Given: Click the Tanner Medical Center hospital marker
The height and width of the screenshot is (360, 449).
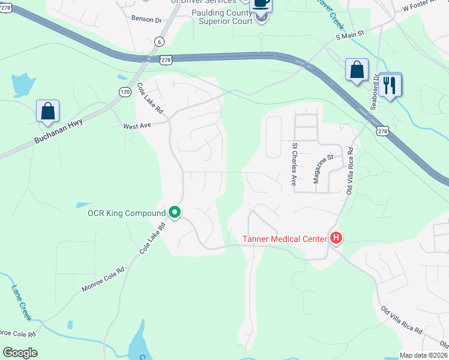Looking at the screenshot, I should coord(336,239).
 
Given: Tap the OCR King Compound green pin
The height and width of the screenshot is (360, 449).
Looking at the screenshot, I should coord(175,212).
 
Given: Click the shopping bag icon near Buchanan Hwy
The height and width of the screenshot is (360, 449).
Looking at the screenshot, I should coord(47,112).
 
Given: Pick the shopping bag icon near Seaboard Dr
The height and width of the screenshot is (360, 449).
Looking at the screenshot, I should coord(357,70).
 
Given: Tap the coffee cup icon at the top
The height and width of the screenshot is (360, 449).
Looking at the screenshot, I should coord(261,3).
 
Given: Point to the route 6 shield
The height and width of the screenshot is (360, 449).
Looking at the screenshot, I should coord(159,41).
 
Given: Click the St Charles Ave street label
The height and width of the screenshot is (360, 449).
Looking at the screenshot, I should coord(295,164).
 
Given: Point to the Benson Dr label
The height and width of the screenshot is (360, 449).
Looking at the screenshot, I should coord(146,19).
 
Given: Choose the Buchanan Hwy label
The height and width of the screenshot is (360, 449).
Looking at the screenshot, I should coord(59,132).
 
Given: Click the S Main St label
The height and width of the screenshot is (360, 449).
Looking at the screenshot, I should coord(350,37).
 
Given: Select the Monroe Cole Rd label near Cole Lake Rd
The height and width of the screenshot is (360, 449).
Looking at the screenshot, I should coord(103,280).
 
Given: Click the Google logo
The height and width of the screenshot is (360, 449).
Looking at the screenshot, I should coord(20,353).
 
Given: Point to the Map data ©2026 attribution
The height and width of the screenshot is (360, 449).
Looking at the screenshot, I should coord(424,355).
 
